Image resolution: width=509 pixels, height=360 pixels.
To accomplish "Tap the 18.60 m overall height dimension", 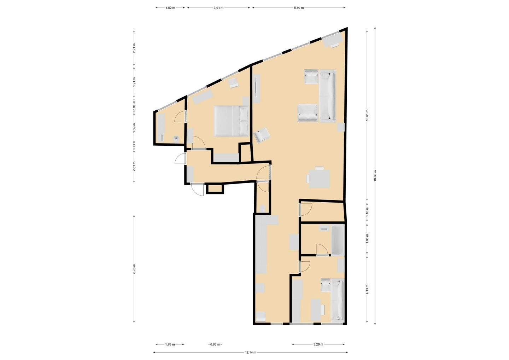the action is [x=375, y=175].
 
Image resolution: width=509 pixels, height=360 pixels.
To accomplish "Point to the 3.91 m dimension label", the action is [x=218, y=8].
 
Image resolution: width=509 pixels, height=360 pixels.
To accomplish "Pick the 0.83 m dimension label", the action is [x=215, y=344].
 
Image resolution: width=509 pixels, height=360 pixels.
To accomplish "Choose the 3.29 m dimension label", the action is [x=318, y=344].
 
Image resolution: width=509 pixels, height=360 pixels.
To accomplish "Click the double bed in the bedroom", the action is [x=231, y=121].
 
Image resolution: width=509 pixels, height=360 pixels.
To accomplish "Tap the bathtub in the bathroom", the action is [x=338, y=240].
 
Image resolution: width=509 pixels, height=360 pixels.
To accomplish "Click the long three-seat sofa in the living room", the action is [x=328, y=96].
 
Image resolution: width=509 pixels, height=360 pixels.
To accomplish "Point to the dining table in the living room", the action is [x=319, y=179].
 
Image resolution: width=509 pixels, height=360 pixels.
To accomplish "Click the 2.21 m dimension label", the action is [x=134, y=48].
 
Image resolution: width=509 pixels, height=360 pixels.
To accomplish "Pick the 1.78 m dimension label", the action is [x=170, y=344].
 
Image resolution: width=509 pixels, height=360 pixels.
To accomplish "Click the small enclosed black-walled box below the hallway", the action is [x=215, y=188].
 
